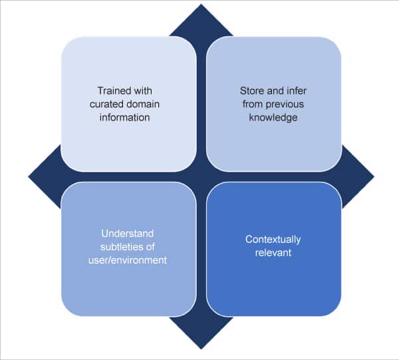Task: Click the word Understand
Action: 128,234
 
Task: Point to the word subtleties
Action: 121,247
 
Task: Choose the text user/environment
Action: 128,260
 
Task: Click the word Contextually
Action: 273,240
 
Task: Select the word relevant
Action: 273,253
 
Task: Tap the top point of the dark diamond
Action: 201,5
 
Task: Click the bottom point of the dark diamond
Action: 201,348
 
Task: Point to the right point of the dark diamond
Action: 373,177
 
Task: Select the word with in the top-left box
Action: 148,90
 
